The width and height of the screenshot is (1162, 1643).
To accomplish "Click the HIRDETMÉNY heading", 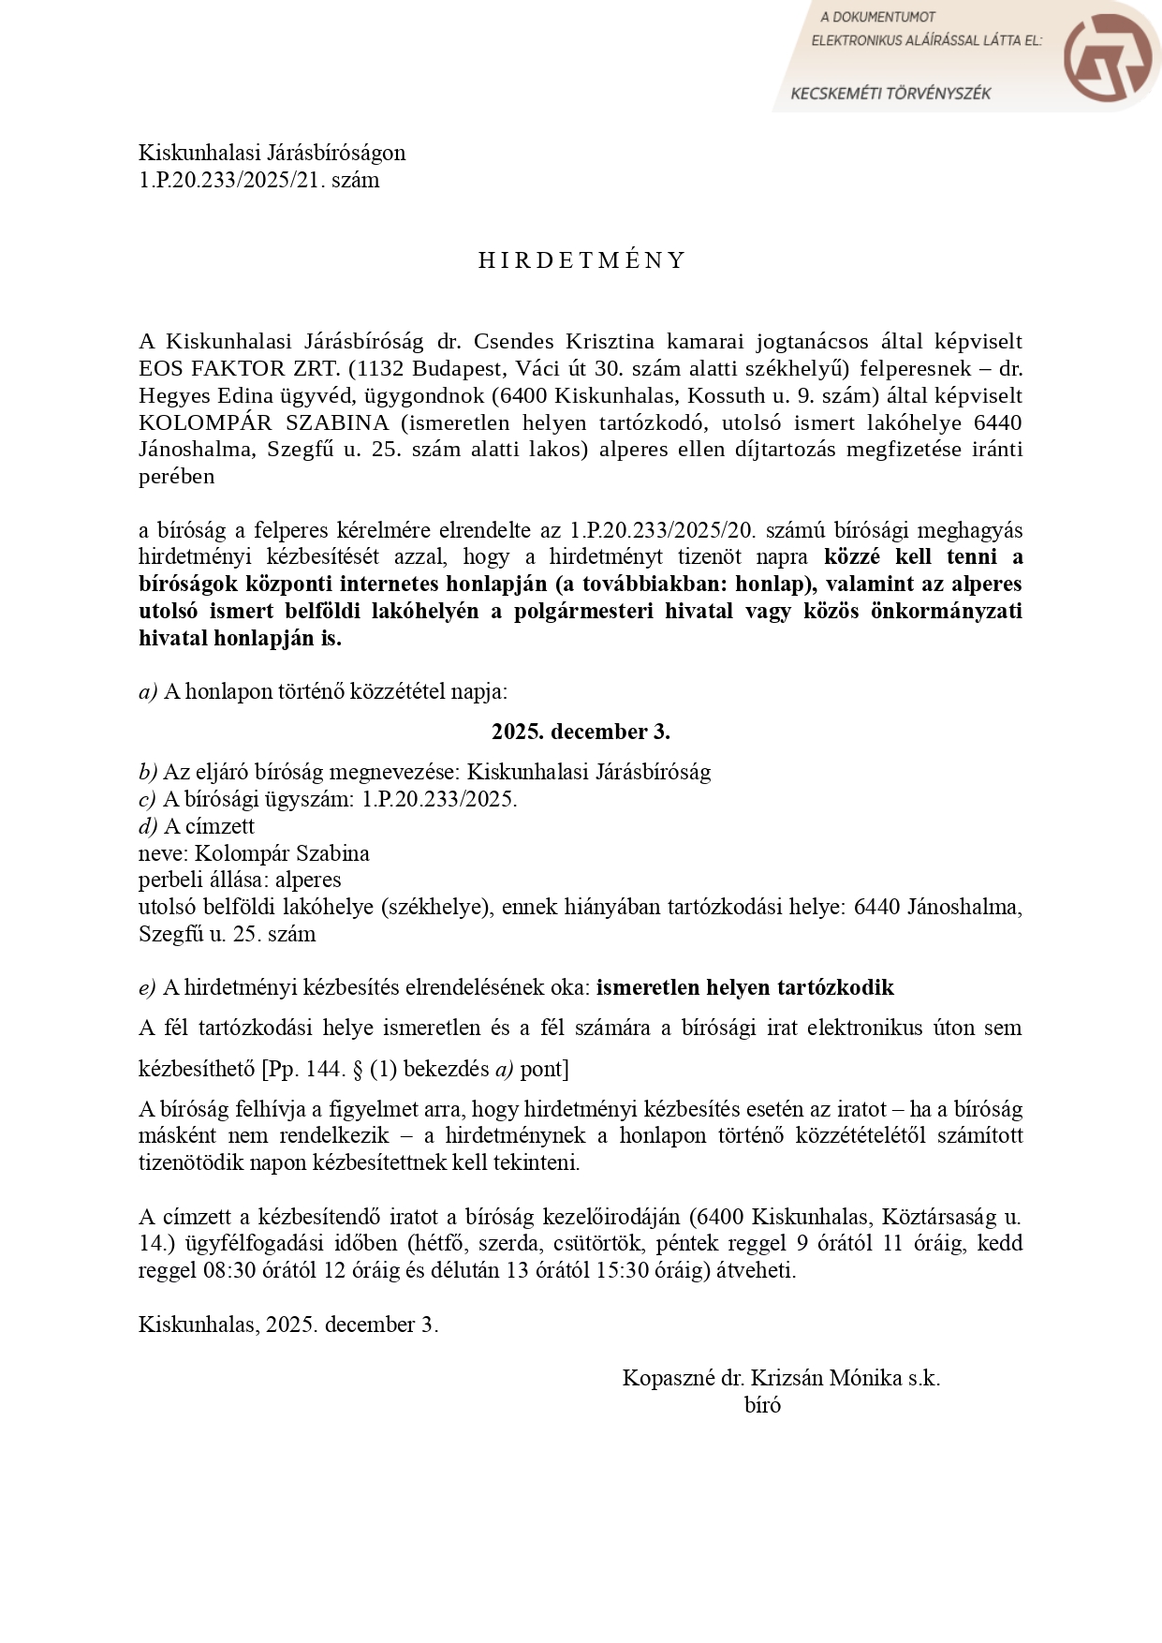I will (581, 260).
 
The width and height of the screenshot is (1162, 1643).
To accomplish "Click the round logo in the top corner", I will (1109, 57).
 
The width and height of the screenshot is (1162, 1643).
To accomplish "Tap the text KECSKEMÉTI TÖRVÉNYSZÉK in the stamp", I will (890, 94).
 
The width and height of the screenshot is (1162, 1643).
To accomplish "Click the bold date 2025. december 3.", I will (581, 732).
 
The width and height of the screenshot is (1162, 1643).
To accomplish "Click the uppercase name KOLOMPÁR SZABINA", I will (263, 422).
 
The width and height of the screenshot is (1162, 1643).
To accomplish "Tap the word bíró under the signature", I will (762, 1405).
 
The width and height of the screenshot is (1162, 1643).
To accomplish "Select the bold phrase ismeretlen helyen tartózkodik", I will (744, 987).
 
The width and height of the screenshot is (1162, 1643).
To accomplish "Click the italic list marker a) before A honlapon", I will (148, 692).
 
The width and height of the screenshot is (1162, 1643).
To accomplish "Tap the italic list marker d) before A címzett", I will (148, 826).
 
